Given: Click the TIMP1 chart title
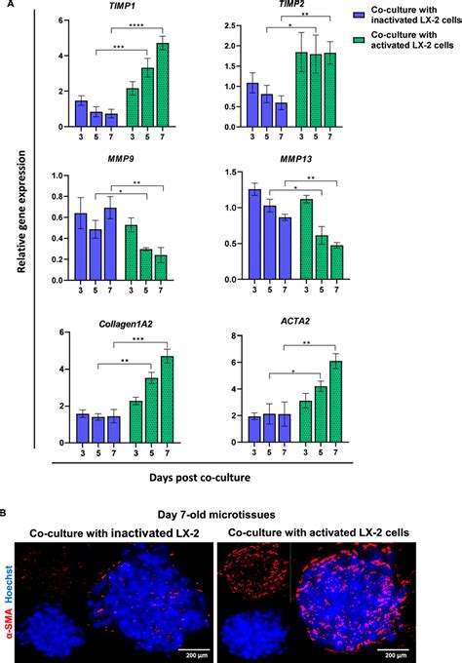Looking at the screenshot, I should click(x=123, y=7).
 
